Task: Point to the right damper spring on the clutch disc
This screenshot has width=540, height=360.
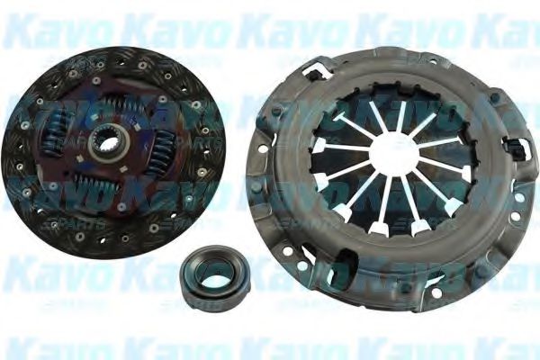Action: [x=162, y=148]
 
